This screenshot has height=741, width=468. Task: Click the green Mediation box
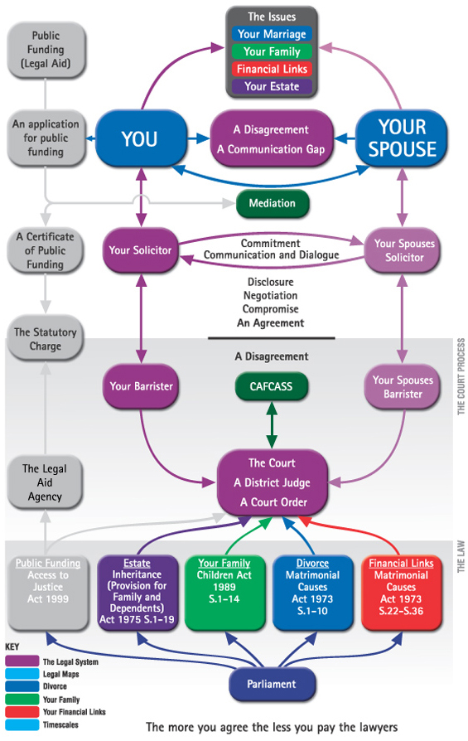pyautogui.click(x=272, y=203)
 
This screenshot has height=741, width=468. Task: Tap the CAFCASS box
pyautogui.click(x=271, y=386)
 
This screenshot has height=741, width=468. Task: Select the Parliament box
pyautogui.click(x=272, y=684)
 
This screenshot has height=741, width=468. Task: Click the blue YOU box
pyautogui.click(x=141, y=138)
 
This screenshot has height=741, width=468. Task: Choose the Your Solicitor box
pyautogui.click(x=140, y=250)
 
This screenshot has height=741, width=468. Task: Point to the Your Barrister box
pyautogui.click(x=141, y=386)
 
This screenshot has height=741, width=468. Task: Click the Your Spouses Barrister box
pyautogui.click(x=403, y=386)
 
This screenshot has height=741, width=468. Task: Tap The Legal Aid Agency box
pyautogui.click(x=45, y=482)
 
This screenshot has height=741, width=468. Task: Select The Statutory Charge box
pyautogui.click(x=45, y=339)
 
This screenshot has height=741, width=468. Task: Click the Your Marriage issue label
pyautogui.click(x=272, y=34)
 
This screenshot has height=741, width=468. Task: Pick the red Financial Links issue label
pyautogui.click(x=272, y=69)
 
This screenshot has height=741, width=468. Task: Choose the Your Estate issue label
pyautogui.click(x=272, y=86)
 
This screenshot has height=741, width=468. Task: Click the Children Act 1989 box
pyautogui.click(x=224, y=593)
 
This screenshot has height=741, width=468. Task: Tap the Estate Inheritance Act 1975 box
pyautogui.click(x=137, y=593)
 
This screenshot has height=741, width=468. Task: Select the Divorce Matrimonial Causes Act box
pyautogui.click(x=312, y=593)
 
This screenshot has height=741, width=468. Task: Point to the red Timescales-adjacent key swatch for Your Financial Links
pyautogui.click(x=22, y=712)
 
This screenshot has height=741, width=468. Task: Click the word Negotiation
pyautogui.click(x=271, y=295)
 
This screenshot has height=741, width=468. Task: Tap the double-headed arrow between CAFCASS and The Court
pyautogui.click(x=272, y=425)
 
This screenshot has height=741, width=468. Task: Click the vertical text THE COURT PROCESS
pyautogui.click(x=461, y=376)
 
